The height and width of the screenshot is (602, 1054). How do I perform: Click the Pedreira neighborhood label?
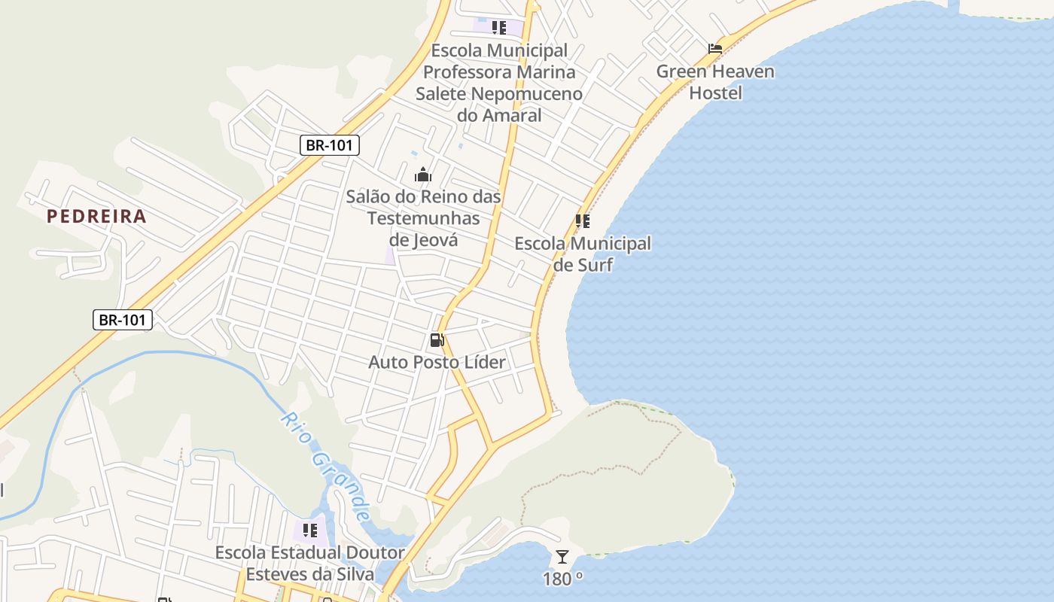[x=96, y=217]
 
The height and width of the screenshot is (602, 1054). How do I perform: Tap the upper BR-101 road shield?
[x=329, y=145]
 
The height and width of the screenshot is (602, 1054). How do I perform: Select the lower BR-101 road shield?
[x=123, y=320]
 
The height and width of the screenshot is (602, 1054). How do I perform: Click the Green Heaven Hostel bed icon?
[x=715, y=49]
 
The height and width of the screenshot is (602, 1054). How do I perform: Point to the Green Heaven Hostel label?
[x=715, y=82]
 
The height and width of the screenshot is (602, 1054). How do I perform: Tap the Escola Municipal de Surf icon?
[x=582, y=221]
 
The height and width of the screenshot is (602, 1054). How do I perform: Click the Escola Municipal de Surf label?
[x=583, y=254]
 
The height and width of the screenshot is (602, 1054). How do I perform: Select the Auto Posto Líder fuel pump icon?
[x=437, y=340]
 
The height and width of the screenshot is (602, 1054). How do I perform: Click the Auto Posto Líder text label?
[x=437, y=362]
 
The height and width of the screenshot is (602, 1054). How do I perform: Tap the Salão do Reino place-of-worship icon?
[x=423, y=175]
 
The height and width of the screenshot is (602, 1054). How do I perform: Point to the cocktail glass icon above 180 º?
[x=562, y=557]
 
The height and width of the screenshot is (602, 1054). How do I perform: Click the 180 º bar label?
[x=562, y=579]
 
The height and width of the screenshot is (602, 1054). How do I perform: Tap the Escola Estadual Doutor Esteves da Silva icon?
[x=309, y=531]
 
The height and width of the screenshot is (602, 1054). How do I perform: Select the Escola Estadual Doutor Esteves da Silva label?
[x=309, y=563]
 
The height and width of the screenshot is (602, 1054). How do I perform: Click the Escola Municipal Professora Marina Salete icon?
[x=498, y=28]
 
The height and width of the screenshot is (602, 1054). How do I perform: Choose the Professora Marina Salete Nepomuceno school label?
[x=498, y=83]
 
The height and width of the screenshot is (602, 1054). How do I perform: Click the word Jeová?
[x=435, y=240]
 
